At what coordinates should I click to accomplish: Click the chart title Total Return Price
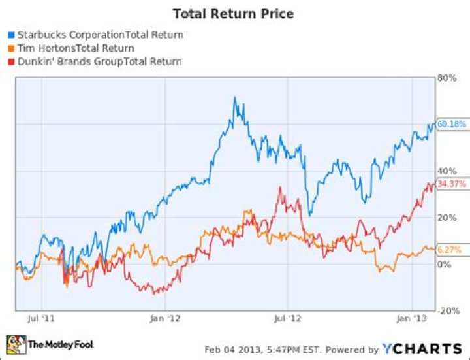point(232,13)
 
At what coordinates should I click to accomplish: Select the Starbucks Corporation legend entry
point(99,35)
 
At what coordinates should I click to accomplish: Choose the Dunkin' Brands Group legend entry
point(98,61)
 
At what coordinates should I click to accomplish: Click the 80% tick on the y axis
point(446,77)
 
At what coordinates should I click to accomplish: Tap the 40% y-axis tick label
point(446,171)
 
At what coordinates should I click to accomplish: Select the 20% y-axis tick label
point(446,218)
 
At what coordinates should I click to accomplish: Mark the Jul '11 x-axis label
point(42,319)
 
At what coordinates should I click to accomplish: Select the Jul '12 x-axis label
point(287,319)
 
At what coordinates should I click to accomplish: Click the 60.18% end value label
point(451,124)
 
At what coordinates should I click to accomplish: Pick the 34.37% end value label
point(451,184)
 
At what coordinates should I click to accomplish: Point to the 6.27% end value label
point(450,250)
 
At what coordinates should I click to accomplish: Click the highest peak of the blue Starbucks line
point(235,98)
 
